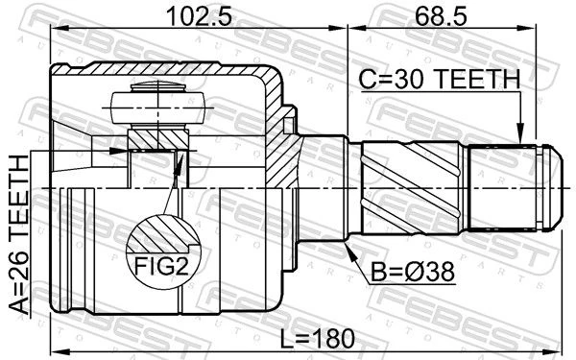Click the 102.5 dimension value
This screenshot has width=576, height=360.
[199, 16]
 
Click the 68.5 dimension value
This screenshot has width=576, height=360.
[442, 16]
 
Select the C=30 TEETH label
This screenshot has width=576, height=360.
[440, 80]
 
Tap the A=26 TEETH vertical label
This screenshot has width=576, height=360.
[19, 235]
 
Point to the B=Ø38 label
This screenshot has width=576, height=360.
[413, 273]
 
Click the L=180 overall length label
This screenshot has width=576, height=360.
[317, 338]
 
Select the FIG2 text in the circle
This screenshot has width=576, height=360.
[162, 266]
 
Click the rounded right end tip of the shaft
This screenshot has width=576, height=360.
[562, 187]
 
